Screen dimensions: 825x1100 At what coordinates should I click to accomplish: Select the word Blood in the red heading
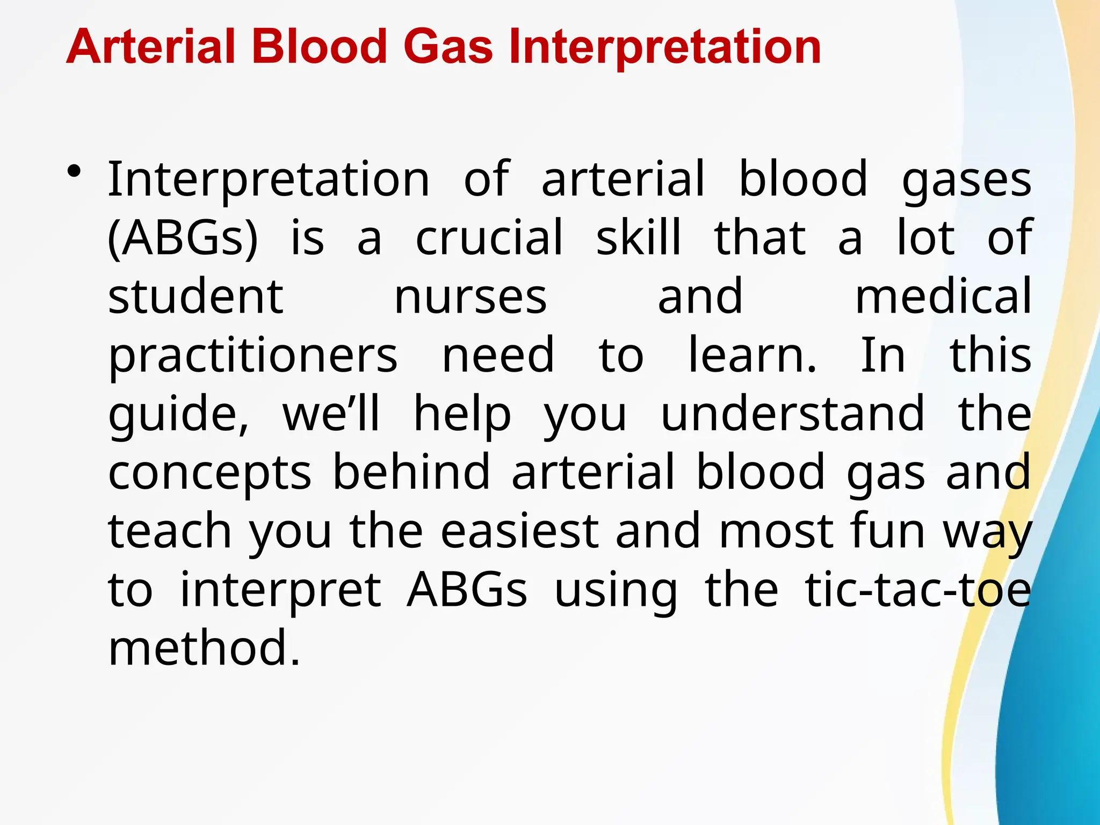click(319, 47)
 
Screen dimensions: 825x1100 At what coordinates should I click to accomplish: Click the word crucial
click(489, 237)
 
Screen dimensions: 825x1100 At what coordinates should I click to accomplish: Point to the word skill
click(639, 237)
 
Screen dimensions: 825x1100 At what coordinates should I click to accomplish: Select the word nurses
click(471, 296)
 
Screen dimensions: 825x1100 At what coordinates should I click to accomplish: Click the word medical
click(943, 296)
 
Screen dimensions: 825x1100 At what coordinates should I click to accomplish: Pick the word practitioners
click(252, 356)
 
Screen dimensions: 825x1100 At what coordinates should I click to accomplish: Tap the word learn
click(752, 356)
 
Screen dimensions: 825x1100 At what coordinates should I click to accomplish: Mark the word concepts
click(209, 473)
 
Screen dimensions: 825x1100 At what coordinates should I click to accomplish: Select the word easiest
click(519, 531)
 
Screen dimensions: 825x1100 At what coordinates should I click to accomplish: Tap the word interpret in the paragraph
click(280, 591)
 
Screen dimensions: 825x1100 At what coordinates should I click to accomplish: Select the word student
click(196, 296)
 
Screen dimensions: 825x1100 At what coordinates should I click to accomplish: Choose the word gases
click(966, 180)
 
